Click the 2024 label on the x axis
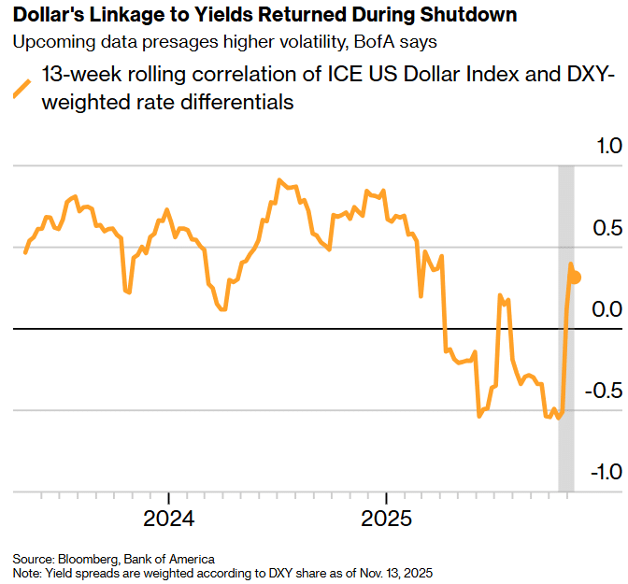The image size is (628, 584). pos(168,517)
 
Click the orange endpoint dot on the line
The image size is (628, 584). pos(576,278)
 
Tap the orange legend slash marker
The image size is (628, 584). pos(21,89)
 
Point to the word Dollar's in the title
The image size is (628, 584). pos(47,16)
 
